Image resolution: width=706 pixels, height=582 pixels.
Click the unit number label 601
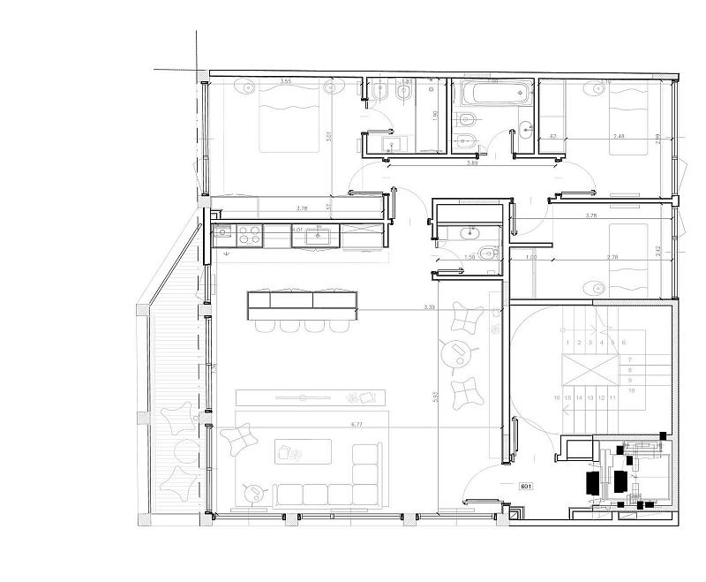527,487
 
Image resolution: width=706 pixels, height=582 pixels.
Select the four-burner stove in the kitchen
250,234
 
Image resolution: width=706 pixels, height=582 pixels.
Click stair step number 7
629,359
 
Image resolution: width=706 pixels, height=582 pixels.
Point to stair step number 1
567,342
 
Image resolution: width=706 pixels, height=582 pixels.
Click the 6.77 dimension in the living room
357,425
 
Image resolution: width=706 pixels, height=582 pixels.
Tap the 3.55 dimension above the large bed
285,82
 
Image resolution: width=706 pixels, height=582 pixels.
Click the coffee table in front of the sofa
302,451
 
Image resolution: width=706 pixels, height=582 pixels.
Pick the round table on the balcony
184,450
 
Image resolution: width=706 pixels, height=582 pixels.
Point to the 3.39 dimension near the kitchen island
429,307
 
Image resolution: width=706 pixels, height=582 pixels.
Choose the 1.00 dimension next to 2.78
531,257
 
